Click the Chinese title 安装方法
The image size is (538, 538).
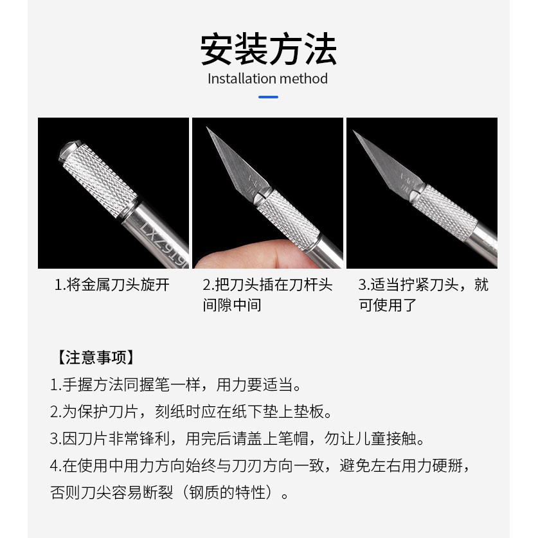click(x=268, y=49)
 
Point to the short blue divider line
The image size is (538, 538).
click(x=268, y=97)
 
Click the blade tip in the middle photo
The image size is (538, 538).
click(x=207, y=128)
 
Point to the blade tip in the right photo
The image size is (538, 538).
click(x=354, y=131)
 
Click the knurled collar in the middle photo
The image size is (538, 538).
click(x=288, y=220)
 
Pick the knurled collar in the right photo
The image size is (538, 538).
click(x=444, y=212)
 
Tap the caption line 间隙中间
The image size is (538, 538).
click(x=232, y=305)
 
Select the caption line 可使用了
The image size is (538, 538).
click(x=388, y=305)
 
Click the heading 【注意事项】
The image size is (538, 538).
click(x=95, y=357)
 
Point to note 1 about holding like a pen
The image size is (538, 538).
click(x=176, y=384)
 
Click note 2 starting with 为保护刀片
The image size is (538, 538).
click(x=191, y=412)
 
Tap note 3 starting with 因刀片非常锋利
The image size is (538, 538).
click(x=237, y=438)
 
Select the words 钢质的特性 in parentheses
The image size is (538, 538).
click(x=227, y=493)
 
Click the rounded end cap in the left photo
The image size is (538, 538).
click(x=69, y=150)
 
